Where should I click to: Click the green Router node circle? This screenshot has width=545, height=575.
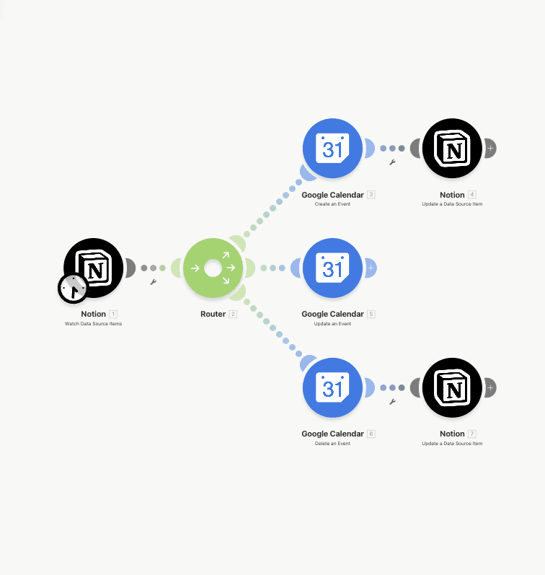click(213, 268)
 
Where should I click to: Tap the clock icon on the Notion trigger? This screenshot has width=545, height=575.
click(73, 289)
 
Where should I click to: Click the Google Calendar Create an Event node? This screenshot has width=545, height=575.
click(332, 149)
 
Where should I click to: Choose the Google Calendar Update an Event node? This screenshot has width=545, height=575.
click(332, 268)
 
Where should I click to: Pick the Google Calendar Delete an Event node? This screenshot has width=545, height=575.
click(332, 388)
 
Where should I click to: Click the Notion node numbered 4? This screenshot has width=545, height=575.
click(452, 149)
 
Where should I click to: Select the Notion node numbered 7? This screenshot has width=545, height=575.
click(452, 388)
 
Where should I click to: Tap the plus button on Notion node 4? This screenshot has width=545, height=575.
click(491, 149)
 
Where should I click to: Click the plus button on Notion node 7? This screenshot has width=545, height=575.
click(491, 388)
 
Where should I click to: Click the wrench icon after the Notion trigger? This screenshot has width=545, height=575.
click(153, 282)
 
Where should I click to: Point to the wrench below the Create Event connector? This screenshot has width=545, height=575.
click(392, 162)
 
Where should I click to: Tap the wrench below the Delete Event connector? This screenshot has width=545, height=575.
click(392, 402)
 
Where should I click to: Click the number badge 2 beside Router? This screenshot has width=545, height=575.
click(233, 315)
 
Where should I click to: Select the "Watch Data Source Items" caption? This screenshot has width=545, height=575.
click(94, 324)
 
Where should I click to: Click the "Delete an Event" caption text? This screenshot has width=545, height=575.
click(332, 444)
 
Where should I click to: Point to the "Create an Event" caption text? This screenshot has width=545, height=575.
click(332, 204)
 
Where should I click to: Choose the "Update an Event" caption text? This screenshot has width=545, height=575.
click(332, 324)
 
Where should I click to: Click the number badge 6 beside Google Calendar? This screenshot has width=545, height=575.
click(371, 434)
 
